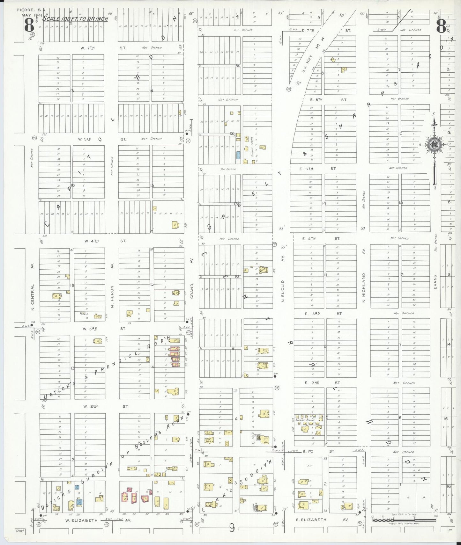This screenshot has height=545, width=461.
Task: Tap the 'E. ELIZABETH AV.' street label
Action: tap(322, 520)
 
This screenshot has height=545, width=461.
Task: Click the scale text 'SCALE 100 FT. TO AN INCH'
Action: tap(75, 19)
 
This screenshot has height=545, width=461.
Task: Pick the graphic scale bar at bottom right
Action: tap(404, 520)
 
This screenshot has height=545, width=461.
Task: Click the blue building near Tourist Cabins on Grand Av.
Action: tap(238, 155)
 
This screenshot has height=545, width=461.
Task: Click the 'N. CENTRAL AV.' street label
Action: tap(33, 287)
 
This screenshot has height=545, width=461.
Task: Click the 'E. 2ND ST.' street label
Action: tap(322, 383)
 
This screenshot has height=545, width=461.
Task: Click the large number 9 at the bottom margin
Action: tap(232, 529)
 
